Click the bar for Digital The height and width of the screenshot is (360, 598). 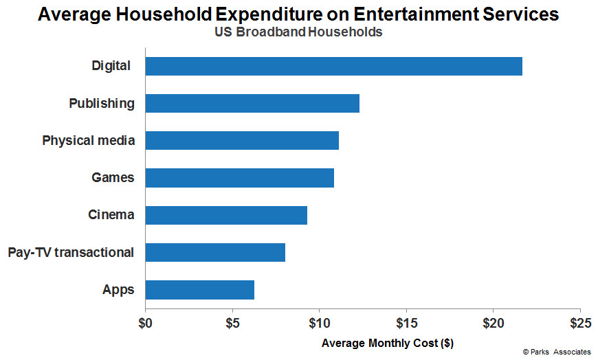click(x=333, y=67)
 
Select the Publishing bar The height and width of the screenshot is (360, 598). click(x=252, y=103)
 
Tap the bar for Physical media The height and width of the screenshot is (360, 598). click(x=242, y=140)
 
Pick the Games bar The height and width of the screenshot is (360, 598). click(x=240, y=178)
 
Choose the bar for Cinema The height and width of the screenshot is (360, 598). click(x=227, y=215)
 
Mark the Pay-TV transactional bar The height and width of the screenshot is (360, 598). click(x=215, y=252)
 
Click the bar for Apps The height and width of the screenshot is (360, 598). click(x=200, y=290)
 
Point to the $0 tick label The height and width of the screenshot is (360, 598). click(x=145, y=324)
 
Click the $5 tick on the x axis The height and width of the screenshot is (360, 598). click(x=232, y=324)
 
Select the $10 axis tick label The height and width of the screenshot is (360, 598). click(x=319, y=324)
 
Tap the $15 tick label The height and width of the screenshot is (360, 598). click(x=406, y=324)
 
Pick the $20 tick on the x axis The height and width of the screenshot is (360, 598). click(x=493, y=324)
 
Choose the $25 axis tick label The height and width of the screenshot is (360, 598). click(x=580, y=324)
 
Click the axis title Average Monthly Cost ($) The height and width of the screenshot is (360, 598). click(x=388, y=344)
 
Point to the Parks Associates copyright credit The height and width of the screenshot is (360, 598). click(x=557, y=352)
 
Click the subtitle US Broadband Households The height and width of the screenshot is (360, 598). click(x=298, y=32)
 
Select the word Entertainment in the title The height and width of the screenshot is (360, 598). click(x=415, y=14)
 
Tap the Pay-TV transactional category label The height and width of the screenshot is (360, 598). click(x=71, y=252)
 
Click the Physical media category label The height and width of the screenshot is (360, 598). click(x=89, y=140)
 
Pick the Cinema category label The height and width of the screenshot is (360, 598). click(x=111, y=215)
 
